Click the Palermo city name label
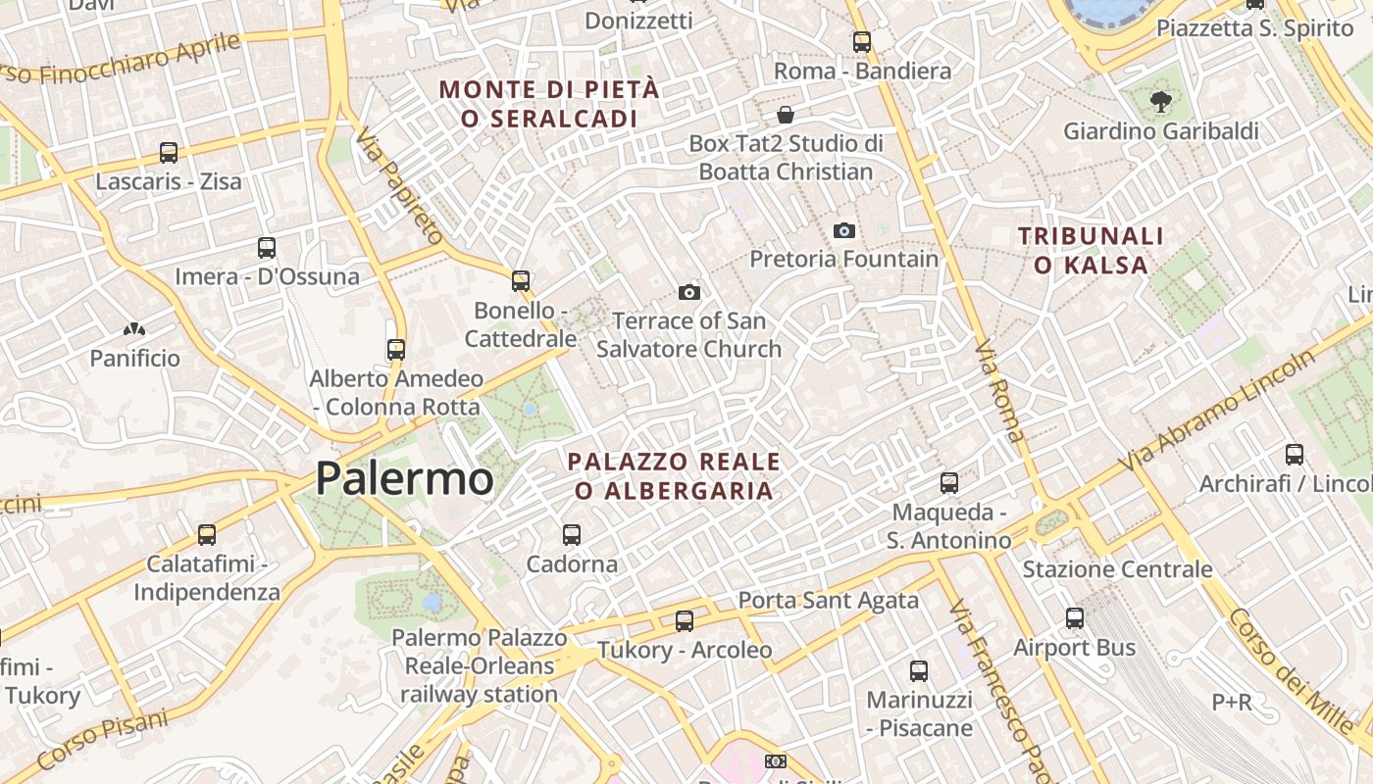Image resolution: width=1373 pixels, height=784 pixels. [404, 479]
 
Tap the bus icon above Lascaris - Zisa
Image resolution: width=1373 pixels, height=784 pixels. [169, 153]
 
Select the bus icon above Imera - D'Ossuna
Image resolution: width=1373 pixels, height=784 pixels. [267, 248]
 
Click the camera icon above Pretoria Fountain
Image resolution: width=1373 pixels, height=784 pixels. [843, 230]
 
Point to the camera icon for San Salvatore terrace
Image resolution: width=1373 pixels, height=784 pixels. [689, 292]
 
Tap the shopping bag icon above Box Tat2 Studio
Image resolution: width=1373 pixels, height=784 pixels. [785, 115]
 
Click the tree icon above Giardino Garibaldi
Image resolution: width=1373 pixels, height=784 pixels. [1160, 100]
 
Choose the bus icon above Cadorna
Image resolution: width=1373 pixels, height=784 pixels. [572, 535]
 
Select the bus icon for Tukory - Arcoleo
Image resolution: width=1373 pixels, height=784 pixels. [685, 620]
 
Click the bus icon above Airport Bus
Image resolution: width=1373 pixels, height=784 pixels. [1075, 618]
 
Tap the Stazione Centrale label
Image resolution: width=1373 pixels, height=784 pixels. [1117, 569]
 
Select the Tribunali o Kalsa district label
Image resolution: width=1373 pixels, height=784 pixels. [1091, 250]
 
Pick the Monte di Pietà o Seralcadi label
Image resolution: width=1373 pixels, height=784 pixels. [549, 104]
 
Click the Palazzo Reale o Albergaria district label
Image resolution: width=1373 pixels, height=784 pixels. [675, 475]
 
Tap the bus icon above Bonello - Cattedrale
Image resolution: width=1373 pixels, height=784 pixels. [521, 281]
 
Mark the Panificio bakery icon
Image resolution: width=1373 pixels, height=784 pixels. [134, 331]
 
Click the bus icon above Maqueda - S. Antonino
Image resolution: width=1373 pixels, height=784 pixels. [949, 483]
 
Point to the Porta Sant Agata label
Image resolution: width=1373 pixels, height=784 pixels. [828, 600]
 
